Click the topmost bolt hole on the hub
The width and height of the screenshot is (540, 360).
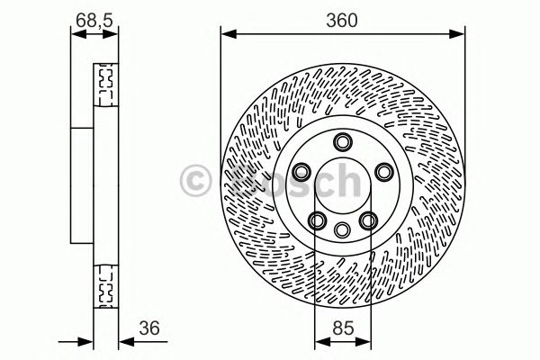pyautogui.click(x=342, y=142)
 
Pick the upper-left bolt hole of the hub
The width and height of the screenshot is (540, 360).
pyautogui.click(x=302, y=172)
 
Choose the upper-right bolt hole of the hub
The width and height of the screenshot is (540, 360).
pyautogui.click(x=382, y=172)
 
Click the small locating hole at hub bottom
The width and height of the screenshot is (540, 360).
pyautogui.click(x=342, y=230)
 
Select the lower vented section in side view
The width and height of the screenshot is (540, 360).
pyautogui.click(x=106, y=283)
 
